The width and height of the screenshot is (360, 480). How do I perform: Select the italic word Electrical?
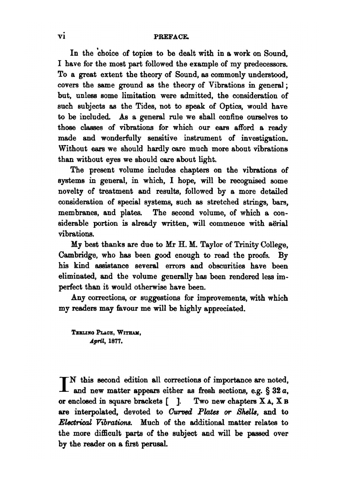click(x=75, y=423)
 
